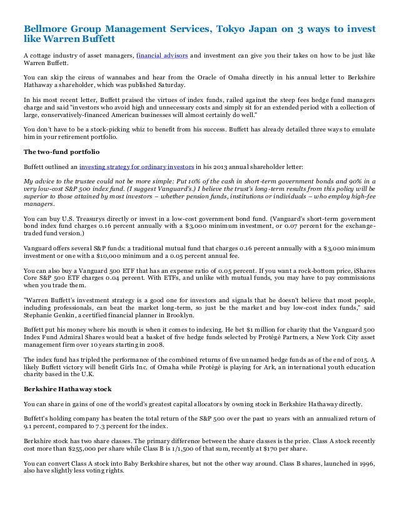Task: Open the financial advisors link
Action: tap(162, 56)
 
